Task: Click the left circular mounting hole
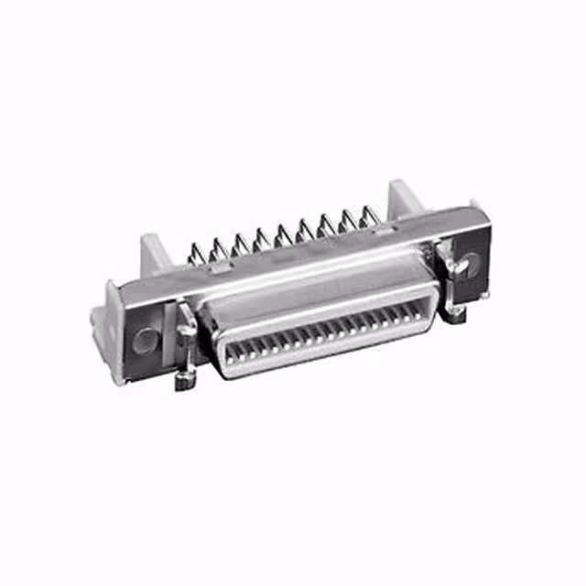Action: tap(145, 341)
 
